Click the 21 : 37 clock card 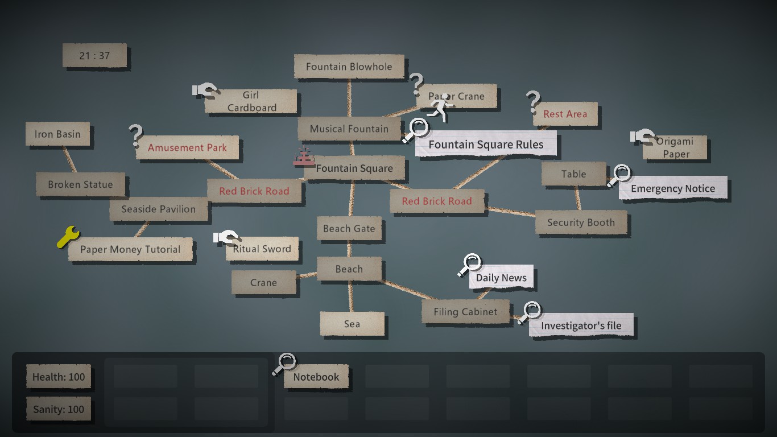click(x=94, y=56)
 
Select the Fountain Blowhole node click(x=349, y=67)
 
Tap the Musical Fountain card click(x=349, y=129)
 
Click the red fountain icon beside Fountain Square click(x=304, y=156)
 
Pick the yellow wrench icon click(x=68, y=237)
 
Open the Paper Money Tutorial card click(x=130, y=249)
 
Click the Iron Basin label click(x=57, y=134)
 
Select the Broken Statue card click(x=80, y=184)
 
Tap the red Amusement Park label click(x=187, y=148)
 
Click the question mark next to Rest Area click(x=533, y=102)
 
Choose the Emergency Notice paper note click(x=672, y=189)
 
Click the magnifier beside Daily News click(x=470, y=265)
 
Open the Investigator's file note click(x=581, y=325)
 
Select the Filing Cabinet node click(x=465, y=312)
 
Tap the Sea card click(x=352, y=324)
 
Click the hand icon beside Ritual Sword click(x=226, y=238)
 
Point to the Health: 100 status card click(x=59, y=377)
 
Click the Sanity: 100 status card click(x=59, y=409)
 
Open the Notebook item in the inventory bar click(x=316, y=377)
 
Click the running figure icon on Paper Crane click(x=439, y=107)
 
